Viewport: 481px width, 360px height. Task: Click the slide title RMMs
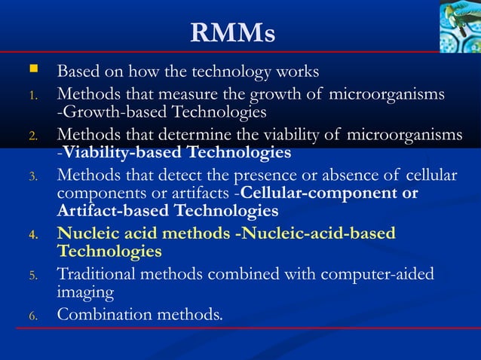pyautogui.click(x=233, y=32)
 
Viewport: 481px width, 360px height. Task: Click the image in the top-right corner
pyautogui.click(x=459, y=26)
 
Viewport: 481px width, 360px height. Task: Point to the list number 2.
pyautogui.click(x=32, y=136)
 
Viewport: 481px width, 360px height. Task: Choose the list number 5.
pyautogui.click(x=32, y=275)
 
